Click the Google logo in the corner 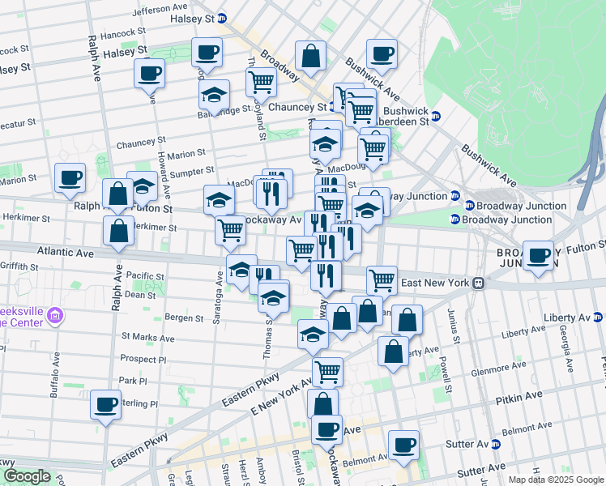point(26,476)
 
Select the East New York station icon point(479,283)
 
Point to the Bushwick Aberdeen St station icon point(435,115)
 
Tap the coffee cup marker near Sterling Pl point(105,405)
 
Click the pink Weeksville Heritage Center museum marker point(54,314)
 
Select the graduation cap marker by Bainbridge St point(214,95)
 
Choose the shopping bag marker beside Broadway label point(310,56)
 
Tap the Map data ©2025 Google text point(555,480)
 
